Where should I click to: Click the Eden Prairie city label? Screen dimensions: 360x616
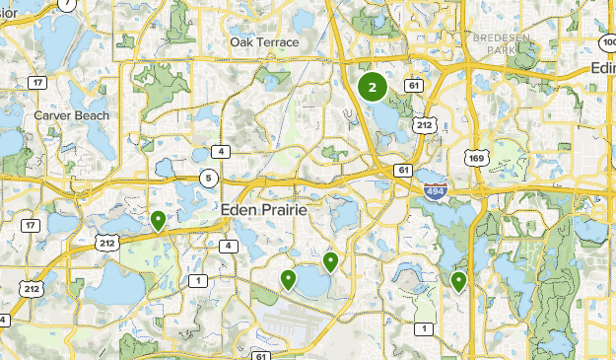click(x=264, y=211)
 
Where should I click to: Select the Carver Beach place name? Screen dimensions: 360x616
click(x=71, y=115)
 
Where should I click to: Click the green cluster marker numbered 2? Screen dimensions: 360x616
click(x=373, y=88)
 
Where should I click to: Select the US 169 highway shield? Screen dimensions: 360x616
click(x=476, y=157)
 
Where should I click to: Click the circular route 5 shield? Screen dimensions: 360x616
click(x=209, y=179)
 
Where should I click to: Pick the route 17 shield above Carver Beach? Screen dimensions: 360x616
click(x=36, y=82)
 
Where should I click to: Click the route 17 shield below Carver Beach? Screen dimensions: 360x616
click(x=32, y=226)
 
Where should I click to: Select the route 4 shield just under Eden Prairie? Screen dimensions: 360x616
click(x=230, y=246)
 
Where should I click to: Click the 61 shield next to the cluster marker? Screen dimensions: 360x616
click(x=413, y=87)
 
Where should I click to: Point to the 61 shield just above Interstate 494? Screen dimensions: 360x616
click(x=404, y=171)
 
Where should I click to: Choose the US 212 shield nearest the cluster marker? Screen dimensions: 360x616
click(x=425, y=125)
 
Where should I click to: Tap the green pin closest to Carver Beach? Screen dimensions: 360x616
click(x=158, y=220)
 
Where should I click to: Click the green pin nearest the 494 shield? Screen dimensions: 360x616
click(x=458, y=282)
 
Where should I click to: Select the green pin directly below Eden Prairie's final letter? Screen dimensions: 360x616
click(x=331, y=261)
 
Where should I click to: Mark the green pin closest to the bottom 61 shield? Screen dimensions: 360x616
click(x=288, y=280)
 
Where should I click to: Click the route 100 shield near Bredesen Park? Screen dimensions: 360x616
click(x=608, y=43)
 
